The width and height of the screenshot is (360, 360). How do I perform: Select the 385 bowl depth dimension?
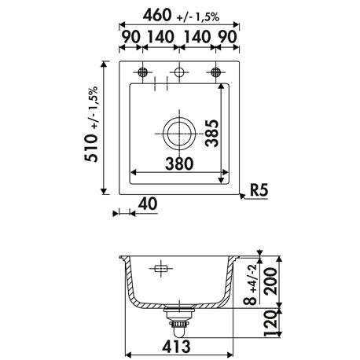tap(212, 133)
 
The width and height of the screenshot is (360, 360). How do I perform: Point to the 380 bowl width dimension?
tap(179, 163)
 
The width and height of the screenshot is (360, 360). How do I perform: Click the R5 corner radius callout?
tap(259, 190)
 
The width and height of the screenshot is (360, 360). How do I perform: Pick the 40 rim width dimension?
tap(148, 204)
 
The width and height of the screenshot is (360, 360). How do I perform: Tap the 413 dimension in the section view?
tap(176, 347)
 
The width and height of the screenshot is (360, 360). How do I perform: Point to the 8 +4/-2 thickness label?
tap(250, 285)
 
